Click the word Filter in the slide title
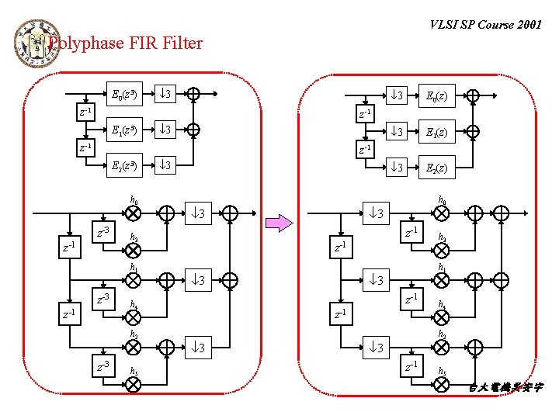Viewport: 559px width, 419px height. coord(182,43)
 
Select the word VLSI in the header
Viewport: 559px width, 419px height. coord(444,25)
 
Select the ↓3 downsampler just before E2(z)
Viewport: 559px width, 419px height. coord(397,166)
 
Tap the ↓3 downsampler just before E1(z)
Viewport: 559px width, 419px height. coord(397,130)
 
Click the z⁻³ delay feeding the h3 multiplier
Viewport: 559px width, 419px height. coord(102,232)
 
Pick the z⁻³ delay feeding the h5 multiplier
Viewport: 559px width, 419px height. coord(102,365)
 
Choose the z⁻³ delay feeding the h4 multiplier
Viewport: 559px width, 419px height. coord(102,299)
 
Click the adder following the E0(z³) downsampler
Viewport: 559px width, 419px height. coord(193,95)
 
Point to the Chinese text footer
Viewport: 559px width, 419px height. coord(505,386)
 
